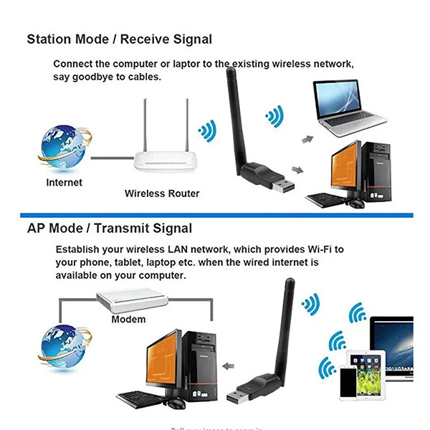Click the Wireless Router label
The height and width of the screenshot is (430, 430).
[x=162, y=193]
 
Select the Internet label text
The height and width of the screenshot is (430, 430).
[x=64, y=183]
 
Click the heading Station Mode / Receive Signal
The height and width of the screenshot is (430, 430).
[x=120, y=39]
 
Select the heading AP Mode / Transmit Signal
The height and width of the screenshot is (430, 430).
[x=110, y=229]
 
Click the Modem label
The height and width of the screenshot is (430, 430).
[x=128, y=319]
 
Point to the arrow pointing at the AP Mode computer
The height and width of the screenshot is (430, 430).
[x=229, y=365]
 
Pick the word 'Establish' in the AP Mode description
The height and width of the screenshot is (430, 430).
[x=79, y=249]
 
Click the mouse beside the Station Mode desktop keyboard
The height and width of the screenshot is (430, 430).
[x=356, y=204]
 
